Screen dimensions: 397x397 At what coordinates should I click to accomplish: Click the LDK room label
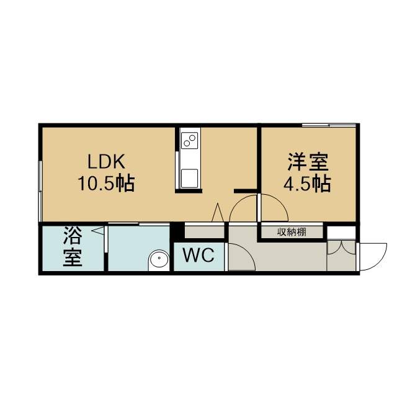106,162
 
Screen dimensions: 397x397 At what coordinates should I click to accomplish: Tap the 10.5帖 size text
106,183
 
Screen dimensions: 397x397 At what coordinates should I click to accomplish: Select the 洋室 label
308,163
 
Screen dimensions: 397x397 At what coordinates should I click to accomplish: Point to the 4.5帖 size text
307,184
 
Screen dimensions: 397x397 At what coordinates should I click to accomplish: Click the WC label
198,255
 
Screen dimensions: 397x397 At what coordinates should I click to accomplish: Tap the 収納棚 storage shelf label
292,232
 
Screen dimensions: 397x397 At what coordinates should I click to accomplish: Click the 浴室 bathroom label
73,246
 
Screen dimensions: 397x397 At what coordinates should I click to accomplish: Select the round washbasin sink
159,258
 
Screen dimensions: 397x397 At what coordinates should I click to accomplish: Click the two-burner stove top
190,141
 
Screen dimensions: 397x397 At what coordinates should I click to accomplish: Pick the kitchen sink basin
189,178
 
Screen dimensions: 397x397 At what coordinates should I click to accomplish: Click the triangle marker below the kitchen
218,212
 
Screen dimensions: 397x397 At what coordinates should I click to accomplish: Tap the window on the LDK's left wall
40,191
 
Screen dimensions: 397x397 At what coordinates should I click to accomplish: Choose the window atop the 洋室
329,125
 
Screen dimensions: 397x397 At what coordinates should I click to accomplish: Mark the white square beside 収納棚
341,233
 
